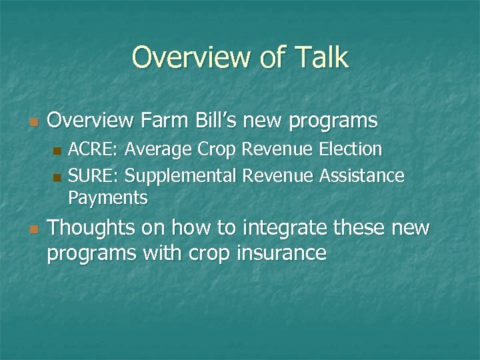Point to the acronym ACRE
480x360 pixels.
click(93, 149)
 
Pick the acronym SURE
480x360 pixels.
click(93, 175)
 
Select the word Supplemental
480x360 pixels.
click(181, 175)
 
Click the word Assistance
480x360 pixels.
click(362, 175)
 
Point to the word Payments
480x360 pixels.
click(108, 198)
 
